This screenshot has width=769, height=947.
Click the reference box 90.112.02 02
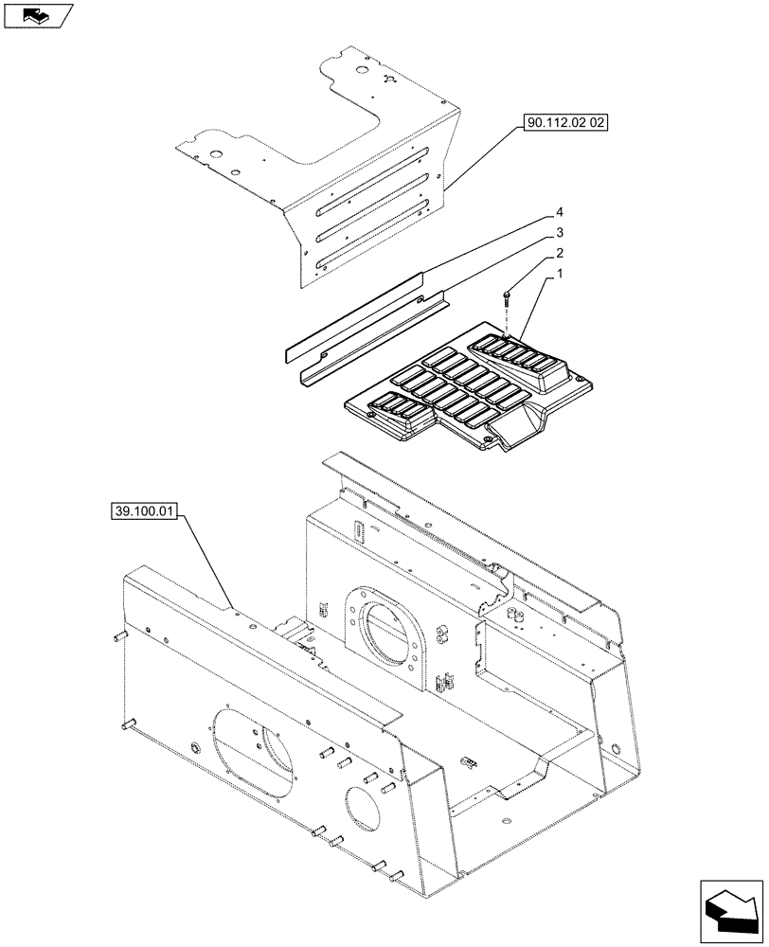[x=563, y=123]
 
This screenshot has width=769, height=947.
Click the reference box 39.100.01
[x=145, y=512]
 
